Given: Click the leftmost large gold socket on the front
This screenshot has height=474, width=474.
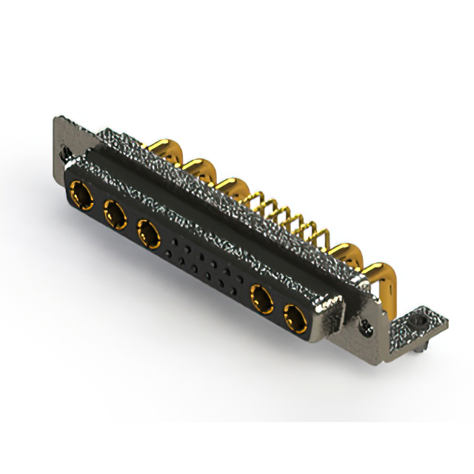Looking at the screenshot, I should pos(80,197).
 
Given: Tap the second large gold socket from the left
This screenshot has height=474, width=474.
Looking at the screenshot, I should pos(114,216).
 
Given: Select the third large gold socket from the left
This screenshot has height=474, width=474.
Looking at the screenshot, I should pos(150,236).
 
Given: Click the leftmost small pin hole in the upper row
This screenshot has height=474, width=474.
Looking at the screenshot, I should pos(175,241).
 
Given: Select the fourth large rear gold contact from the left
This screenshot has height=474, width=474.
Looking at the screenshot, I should pos(346,253).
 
